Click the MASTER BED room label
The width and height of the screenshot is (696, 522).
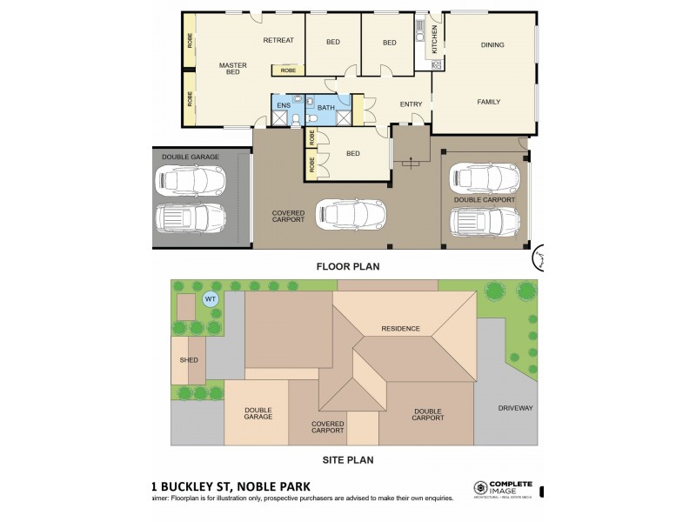232,68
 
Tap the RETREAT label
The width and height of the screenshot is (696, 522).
278,40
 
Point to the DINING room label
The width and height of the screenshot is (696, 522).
492,45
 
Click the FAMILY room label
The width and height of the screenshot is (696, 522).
489,102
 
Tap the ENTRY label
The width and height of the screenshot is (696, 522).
411,104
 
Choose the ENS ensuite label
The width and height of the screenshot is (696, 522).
283,105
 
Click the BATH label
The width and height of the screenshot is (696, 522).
325,108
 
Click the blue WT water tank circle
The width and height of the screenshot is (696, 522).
209,298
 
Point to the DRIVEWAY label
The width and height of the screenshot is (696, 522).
515,408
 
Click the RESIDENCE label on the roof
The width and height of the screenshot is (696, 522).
400,328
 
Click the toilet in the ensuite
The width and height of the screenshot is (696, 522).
296,119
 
